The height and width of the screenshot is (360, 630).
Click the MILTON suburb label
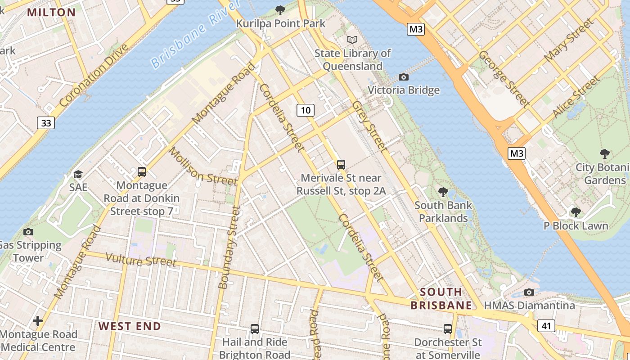pos(51,12)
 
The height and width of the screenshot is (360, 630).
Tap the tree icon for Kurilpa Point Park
pos(280,10)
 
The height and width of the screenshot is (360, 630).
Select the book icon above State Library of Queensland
pos(352,40)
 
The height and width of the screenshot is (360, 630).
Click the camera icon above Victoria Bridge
pos(404,77)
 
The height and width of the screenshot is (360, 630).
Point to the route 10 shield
pos(305,110)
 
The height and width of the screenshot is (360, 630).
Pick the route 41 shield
pos(546,325)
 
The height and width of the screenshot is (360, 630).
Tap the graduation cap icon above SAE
pos(78,174)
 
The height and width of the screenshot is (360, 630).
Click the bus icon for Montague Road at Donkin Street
pos(142,171)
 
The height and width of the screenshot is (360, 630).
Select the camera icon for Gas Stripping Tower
pos(28,232)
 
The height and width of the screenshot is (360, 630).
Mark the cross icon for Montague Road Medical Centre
pos(38,321)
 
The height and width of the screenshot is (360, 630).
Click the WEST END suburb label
pos(130,326)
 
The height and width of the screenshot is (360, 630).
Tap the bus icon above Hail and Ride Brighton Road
pos(255,329)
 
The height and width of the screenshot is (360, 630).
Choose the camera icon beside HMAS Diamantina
pos(529,292)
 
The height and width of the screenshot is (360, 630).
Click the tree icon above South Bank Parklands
pos(443,192)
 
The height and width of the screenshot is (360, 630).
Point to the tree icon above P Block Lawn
pos(576,212)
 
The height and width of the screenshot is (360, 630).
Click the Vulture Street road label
pos(141,260)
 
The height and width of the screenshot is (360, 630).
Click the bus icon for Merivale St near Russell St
pos(341,165)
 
